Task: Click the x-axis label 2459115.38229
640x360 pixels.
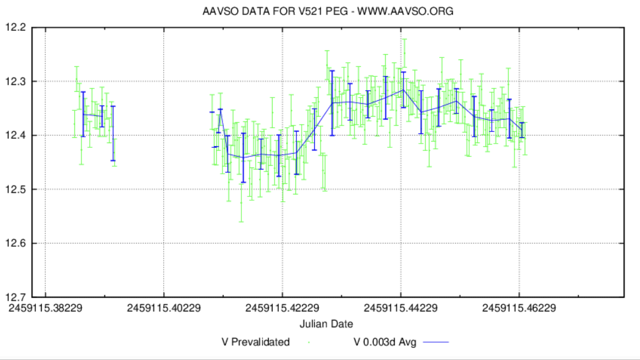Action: pyautogui.click(x=45, y=308)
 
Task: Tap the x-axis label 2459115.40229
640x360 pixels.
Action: pyautogui.click(x=164, y=308)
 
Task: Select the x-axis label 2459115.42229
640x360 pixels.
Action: pyautogui.click(x=282, y=308)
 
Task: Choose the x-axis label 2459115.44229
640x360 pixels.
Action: pyautogui.click(x=401, y=308)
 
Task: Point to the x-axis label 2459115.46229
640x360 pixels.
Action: pyautogui.click(x=519, y=308)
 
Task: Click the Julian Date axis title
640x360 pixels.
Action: pyautogui.click(x=326, y=324)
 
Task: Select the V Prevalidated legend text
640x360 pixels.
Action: pyautogui.click(x=255, y=342)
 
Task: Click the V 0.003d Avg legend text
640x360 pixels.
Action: pyautogui.click(x=385, y=342)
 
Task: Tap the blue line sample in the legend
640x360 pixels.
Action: pyautogui.click(x=436, y=342)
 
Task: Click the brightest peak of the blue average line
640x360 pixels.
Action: pyautogui.click(x=403, y=90)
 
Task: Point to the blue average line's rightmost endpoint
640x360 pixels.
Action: pyautogui.click(x=522, y=130)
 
